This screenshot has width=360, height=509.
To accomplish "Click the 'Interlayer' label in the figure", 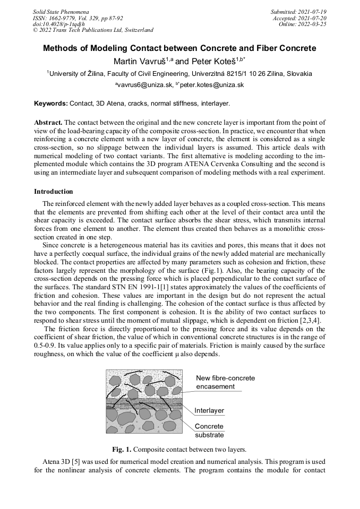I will click(209, 410).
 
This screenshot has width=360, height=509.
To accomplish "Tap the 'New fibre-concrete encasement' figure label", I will click(225, 382).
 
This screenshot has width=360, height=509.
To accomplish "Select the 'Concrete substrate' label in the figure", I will click(209, 430).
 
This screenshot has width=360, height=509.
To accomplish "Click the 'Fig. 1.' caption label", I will click(122, 449).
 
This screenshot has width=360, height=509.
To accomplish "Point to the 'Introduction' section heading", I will click(53, 192).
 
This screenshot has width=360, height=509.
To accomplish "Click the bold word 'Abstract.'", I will click(48, 122).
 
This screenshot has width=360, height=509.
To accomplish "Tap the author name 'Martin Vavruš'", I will click(139, 62).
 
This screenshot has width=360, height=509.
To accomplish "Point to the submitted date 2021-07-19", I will click(310, 11).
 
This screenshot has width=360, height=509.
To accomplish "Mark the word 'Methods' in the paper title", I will click(61, 48).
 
